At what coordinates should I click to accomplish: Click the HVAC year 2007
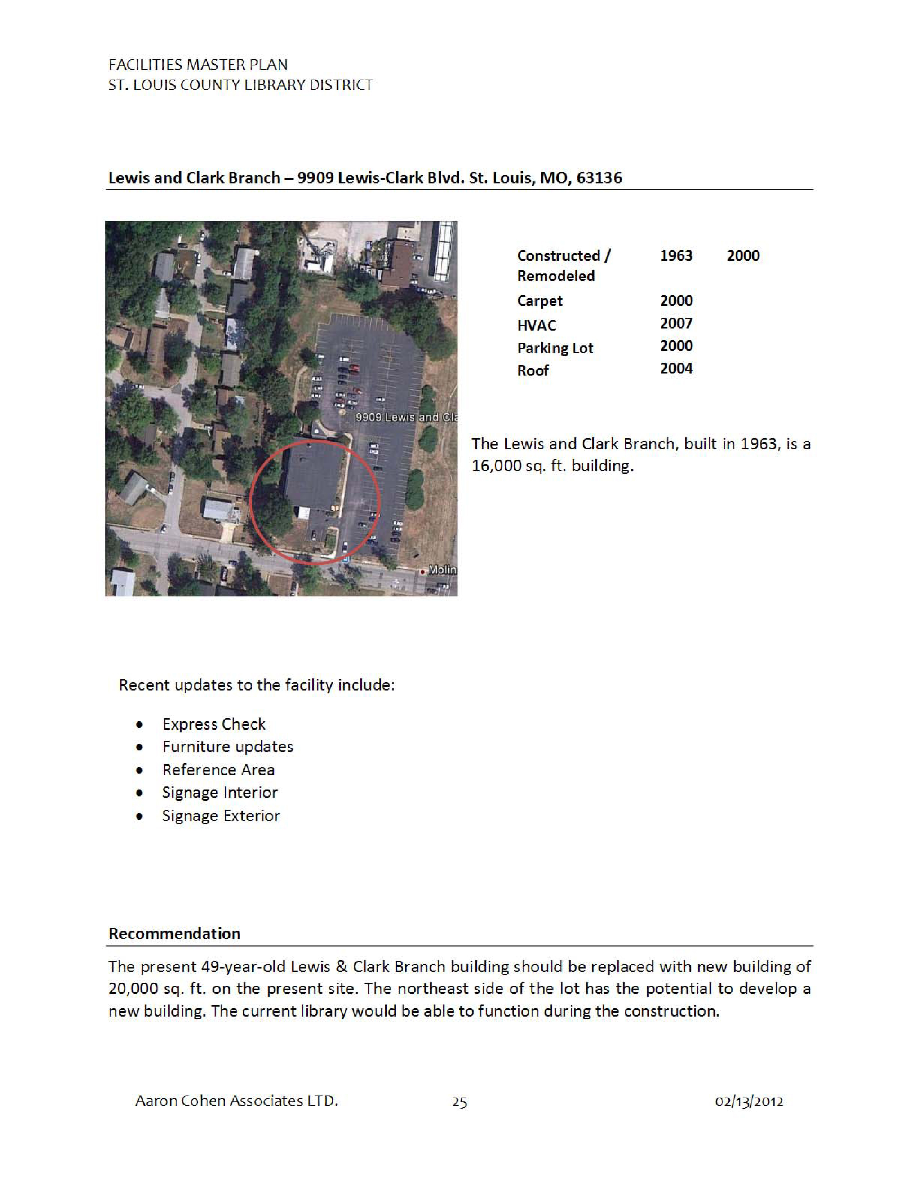click(x=676, y=324)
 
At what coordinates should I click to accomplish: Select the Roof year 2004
click(x=676, y=369)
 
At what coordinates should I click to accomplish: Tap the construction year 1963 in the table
click(x=676, y=256)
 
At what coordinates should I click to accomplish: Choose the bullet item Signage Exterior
click(x=221, y=816)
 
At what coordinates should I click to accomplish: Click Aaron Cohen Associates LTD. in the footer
click(x=236, y=1101)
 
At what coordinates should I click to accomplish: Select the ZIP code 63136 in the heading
click(x=599, y=178)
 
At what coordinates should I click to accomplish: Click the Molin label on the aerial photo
click(x=442, y=570)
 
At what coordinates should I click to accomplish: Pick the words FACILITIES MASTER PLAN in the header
click(x=197, y=65)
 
